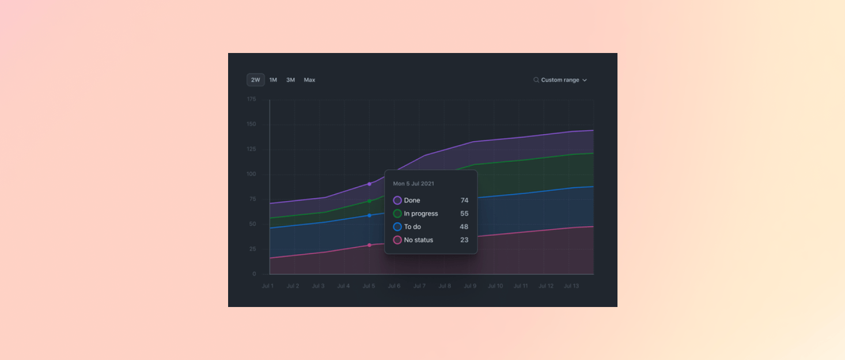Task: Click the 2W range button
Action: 255,80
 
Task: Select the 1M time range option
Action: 273,80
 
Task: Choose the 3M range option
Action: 290,80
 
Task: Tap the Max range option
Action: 309,80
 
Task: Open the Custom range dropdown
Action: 560,80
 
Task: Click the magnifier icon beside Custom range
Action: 536,80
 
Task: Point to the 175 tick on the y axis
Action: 252,99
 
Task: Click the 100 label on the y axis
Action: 252,174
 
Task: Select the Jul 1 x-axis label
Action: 267,286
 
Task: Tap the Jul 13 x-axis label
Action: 571,286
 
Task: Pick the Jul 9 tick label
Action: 470,286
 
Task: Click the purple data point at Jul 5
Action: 369,184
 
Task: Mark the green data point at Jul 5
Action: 369,201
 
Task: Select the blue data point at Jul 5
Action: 369,215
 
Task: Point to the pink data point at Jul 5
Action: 369,245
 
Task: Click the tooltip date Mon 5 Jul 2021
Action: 414,184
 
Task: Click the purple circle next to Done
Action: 397,200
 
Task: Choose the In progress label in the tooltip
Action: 421,214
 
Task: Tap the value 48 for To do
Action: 464,227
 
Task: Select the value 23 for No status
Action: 464,240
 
